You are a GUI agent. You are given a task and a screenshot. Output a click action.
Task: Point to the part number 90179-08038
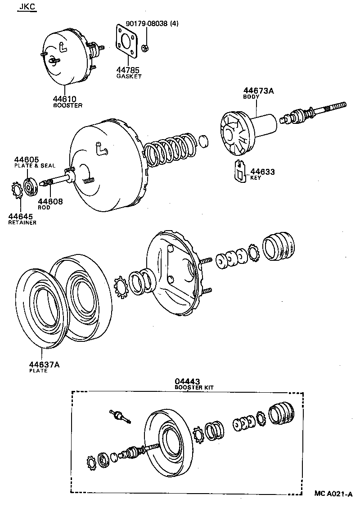[148, 24]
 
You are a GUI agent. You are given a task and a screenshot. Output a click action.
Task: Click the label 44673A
[259, 91]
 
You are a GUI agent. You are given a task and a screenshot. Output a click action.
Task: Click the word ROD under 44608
[44, 208]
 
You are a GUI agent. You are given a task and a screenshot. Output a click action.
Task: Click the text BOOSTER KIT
[194, 387]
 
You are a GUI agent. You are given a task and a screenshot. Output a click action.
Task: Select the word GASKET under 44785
[129, 77]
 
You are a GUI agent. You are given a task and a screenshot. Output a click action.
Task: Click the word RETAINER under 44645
[22, 222]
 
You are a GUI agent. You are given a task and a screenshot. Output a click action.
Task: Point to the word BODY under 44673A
[251, 97]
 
